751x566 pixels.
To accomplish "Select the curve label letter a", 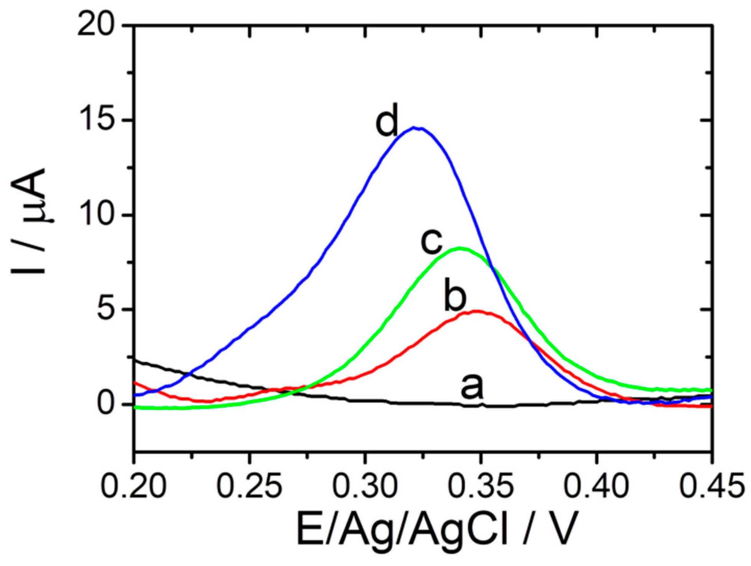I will (472, 386).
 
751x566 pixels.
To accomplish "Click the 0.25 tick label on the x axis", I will (249, 485).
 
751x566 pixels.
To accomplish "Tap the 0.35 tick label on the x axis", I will (481, 485).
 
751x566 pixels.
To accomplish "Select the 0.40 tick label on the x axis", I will (597, 485).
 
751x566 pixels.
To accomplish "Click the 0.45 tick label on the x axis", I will (712, 485).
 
